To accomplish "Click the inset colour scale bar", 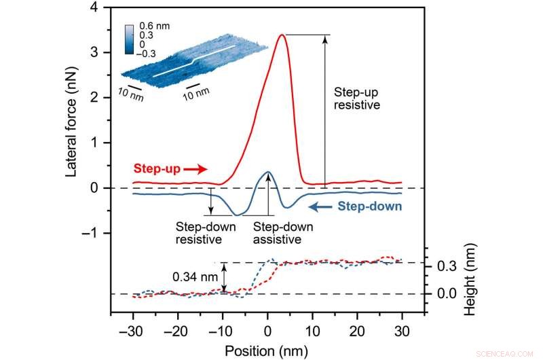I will point(129,40).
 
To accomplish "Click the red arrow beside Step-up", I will point(194,168).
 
